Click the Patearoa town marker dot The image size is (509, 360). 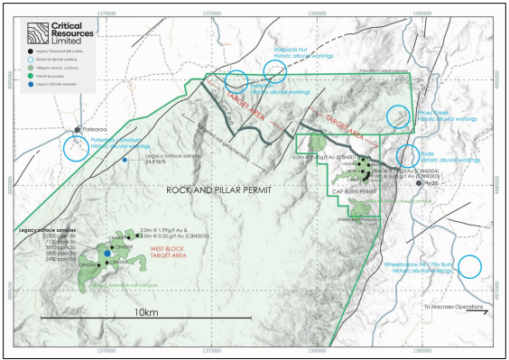click(77, 130)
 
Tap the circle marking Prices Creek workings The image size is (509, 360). click(397, 116)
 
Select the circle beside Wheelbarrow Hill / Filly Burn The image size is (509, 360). click(469, 266)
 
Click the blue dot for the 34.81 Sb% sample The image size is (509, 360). click(125, 161)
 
